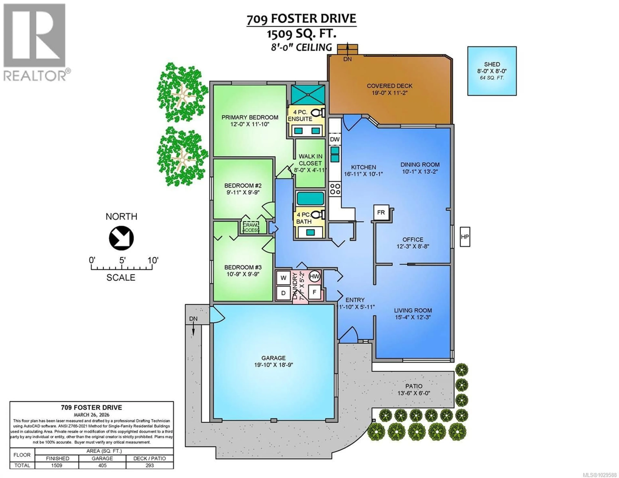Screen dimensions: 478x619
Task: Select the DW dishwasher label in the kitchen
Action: click(x=335, y=139)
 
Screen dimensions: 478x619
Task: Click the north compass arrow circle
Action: click(x=121, y=238)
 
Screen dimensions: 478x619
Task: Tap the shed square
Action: click(x=492, y=71)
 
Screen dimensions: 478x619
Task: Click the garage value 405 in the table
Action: click(x=102, y=465)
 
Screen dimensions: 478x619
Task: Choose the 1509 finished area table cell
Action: click(x=57, y=465)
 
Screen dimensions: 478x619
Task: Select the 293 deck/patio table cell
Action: click(x=150, y=465)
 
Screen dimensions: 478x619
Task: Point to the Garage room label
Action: click(x=274, y=358)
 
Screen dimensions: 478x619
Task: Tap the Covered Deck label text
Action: click(x=389, y=86)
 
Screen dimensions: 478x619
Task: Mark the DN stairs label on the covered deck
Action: click(x=348, y=59)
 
